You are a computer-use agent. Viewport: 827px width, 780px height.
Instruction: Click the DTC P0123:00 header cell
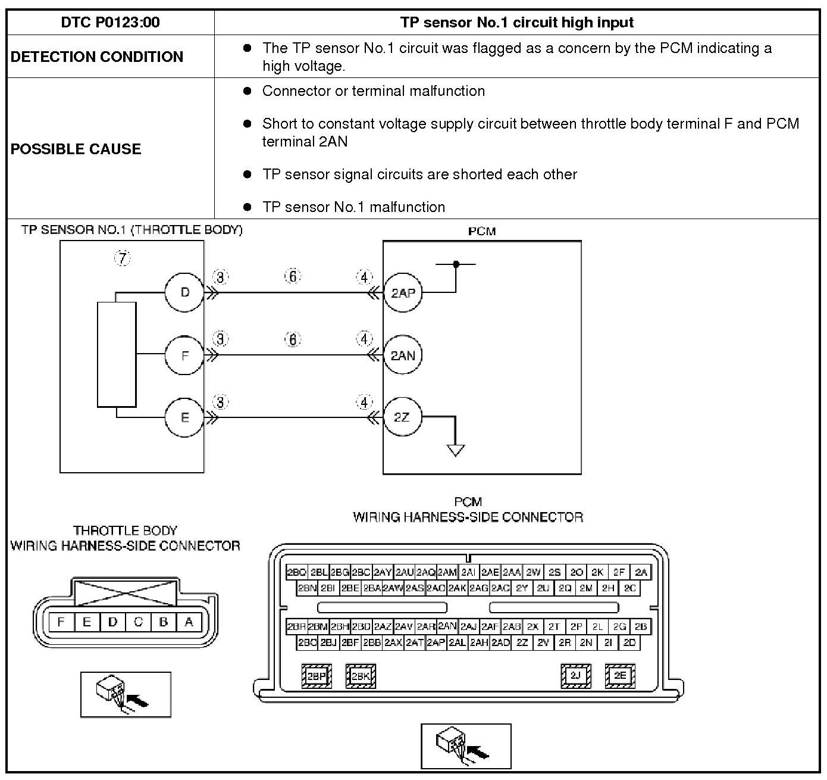click(110, 23)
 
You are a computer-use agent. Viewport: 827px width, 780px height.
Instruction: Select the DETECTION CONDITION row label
click(97, 57)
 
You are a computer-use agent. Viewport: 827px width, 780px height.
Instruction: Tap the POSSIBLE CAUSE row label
click(76, 149)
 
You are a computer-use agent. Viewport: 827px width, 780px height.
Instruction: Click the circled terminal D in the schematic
click(184, 292)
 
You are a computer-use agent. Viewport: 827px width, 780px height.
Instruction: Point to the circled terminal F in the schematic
click(184, 355)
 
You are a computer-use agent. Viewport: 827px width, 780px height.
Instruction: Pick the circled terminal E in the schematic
click(184, 417)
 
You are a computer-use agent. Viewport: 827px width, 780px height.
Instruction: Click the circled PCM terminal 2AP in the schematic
click(403, 292)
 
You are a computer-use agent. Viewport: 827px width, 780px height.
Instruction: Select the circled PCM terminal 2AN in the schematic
click(403, 355)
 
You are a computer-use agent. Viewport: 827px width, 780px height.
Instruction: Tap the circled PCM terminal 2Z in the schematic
click(402, 417)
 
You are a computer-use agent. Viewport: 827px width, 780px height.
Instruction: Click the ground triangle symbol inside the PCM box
click(456, 450)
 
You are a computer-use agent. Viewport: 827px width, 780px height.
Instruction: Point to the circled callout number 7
click(123, 258)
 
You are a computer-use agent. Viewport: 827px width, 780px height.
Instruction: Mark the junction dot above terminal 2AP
click(456, 264)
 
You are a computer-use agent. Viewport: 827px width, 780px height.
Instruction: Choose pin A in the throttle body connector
click(189, 622)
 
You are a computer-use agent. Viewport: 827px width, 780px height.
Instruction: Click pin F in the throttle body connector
click(61, 622)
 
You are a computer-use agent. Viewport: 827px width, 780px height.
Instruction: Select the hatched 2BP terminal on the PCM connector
click(317, 676)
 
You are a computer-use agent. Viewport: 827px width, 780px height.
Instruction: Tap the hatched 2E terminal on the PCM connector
click(620, 675)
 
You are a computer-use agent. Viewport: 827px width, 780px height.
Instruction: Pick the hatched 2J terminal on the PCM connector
click(575, 675)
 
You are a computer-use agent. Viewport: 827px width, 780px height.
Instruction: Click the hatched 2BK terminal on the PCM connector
click(361, 676)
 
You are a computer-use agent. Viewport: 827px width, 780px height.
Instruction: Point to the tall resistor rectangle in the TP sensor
click(117, 355)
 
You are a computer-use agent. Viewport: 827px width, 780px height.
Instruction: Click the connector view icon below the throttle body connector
click(126, 694)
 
